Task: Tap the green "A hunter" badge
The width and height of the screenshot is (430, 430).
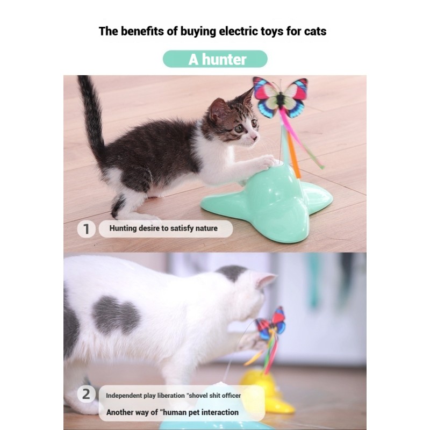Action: coord(215,59)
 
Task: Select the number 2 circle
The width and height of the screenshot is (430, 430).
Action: coord(86,394)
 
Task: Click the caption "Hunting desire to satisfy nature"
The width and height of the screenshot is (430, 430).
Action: coord(163,228)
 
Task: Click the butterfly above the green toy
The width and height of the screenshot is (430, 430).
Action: coord(280,97)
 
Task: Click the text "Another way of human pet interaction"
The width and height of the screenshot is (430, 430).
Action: coord(172,412)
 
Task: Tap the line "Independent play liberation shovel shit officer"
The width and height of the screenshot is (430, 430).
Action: coord(173,396)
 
